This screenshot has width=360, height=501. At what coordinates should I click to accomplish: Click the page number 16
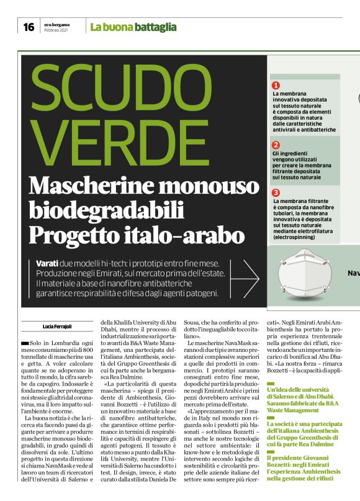point(29,27)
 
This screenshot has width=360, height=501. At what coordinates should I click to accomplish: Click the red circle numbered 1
point(276,85)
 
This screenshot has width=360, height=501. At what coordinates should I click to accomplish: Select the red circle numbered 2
point(276,145)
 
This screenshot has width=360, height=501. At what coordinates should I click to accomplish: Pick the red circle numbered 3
point(276,192)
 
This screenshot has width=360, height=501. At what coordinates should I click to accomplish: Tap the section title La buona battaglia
point(133,27)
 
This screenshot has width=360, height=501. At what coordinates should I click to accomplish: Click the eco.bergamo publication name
point(57,24)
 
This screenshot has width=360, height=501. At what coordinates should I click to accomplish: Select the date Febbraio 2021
point(56,30)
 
